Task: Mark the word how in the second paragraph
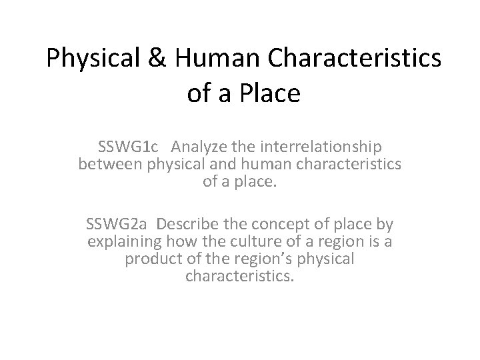[179, 240]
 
